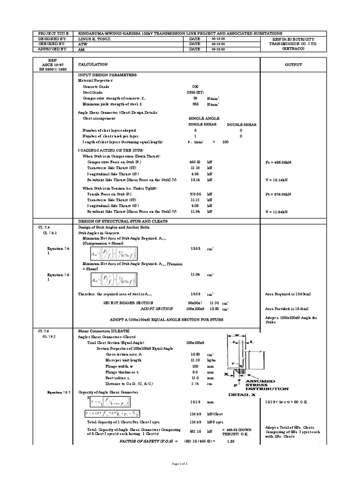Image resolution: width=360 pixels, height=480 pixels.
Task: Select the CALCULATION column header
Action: coord(93,65)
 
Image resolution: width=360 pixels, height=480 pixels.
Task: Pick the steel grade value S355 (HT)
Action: coord(195,92)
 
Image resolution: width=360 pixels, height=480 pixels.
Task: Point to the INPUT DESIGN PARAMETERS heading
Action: coord(107,75)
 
